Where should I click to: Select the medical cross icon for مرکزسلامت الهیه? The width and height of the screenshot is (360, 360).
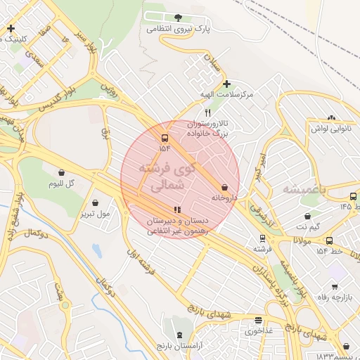(226, 84)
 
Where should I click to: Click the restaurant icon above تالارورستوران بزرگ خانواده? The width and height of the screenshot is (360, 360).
(207, 112)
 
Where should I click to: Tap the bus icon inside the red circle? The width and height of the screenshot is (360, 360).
(165, 138)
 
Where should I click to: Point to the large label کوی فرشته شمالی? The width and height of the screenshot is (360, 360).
(167, 177)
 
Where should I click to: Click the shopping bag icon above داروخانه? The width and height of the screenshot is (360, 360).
(224, 188)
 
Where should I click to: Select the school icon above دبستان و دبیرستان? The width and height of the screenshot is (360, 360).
(177, 210)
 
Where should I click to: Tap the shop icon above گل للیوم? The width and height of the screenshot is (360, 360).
(61, 172)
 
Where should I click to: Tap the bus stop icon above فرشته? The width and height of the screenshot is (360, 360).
(262, 239)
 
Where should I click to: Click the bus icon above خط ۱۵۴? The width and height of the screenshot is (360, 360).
(328, 240)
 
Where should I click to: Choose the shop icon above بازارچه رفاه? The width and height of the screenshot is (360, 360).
(334, 286)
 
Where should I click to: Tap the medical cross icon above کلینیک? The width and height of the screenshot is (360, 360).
(11, 28)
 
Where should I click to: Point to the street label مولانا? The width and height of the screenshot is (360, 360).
(302, 240)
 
